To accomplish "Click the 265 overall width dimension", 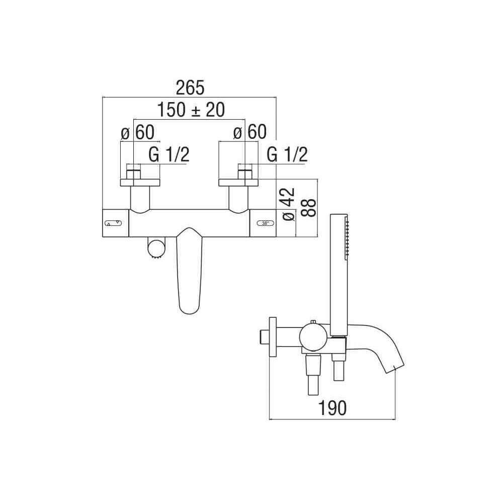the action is pos(190,88).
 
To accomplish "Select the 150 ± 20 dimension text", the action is pos(191,110).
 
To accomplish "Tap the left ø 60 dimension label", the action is pos(138,132).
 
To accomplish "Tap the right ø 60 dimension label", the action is pos(249,132).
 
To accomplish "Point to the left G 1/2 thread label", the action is pos(169,154).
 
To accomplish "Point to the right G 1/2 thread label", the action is pos(287,154).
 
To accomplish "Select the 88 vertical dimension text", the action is pos(309,208).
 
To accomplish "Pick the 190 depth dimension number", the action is pos(332,408).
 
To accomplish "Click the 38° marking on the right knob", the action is pos(266,223).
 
